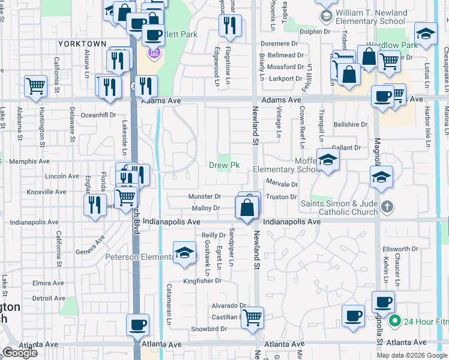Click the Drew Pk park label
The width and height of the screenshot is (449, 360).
point(224,166)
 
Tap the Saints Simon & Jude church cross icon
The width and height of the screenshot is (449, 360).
point(388,207)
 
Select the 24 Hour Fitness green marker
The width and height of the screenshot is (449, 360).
point(394,321)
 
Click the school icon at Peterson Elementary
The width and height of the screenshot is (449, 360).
point(185,253)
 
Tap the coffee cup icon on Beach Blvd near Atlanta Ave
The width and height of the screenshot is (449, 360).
point(138,325)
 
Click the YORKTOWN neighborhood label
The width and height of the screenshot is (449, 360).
point(82,44)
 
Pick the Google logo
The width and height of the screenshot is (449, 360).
point(19,353)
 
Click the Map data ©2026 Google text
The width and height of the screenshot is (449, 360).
point(412,355)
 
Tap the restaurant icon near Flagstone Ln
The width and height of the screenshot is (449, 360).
point(231,25)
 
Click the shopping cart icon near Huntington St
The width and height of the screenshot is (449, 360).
point(36,86)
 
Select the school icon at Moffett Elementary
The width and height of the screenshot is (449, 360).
point(328,160)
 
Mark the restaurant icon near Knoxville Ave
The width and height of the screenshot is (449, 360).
point(95,205)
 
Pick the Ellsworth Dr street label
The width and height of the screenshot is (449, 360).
point(402,249)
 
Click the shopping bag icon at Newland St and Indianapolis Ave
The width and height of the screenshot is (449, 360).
point(247,208)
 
